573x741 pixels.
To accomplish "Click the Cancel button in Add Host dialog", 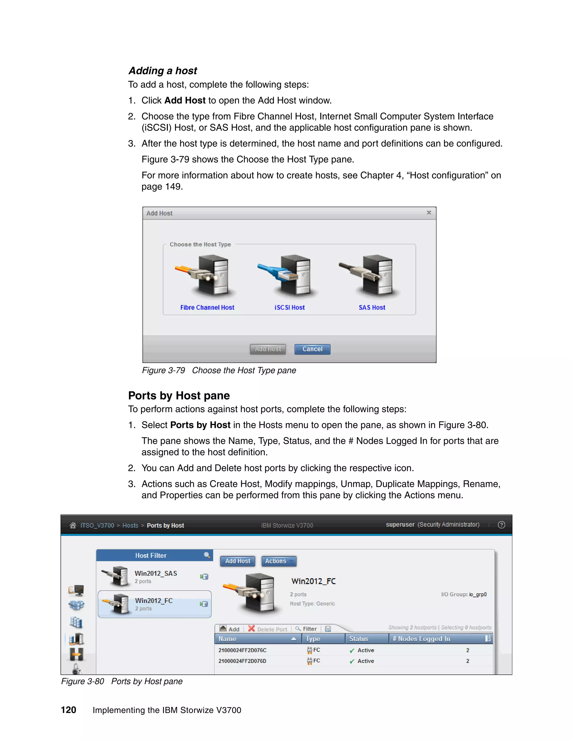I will pos(312,349).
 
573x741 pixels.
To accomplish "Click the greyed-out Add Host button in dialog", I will pos(267,349).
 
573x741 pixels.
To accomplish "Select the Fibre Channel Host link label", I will pos(207,307).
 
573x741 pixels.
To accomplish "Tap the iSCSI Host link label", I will pos(290,307).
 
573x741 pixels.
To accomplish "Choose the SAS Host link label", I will pos(372,307).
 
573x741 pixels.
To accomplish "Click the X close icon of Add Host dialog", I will pos(429,213).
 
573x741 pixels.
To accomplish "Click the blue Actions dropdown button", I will pos(279,561).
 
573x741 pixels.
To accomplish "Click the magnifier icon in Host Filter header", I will pos(207,555).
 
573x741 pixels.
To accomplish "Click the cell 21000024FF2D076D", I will pos(242,661).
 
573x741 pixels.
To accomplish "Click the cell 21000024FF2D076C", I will pos(242,650).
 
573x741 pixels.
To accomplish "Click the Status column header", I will pos(358,639).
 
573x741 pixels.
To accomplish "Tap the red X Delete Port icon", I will pos(251,628).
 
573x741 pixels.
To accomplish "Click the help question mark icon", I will pos(501,525).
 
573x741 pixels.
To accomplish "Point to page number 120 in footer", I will pos(68,710).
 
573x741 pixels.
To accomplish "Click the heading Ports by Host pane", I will pos(179,396).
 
